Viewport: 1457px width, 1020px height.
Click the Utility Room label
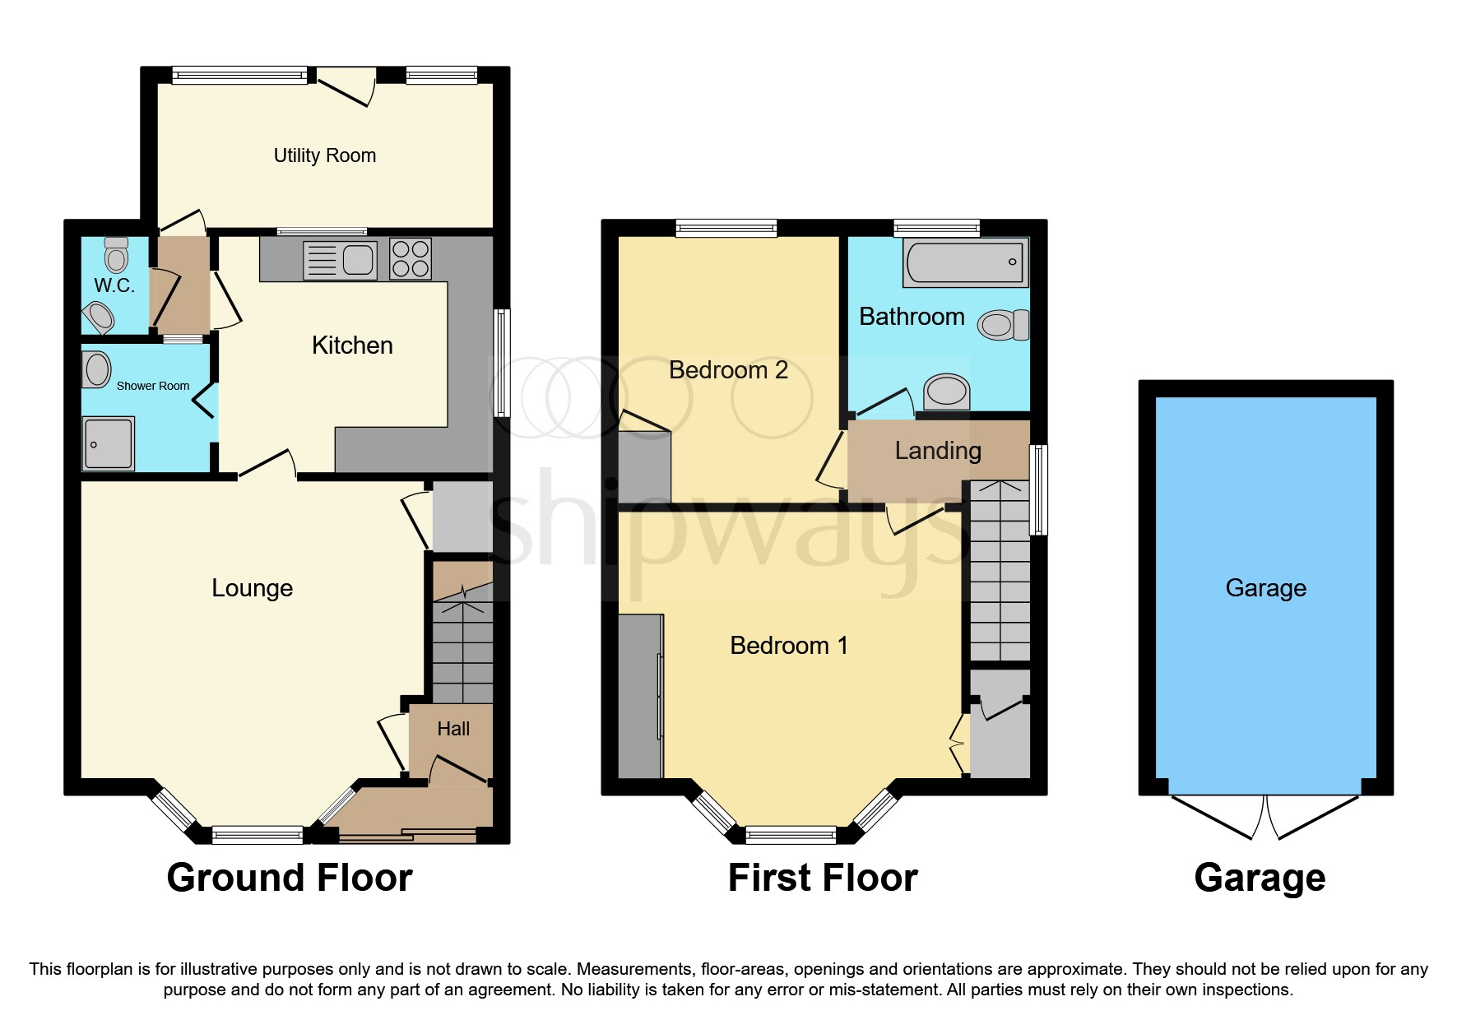coord(324,155)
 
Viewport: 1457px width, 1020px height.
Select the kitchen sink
coord(341,260)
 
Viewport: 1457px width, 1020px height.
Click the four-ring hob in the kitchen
coord(410,259)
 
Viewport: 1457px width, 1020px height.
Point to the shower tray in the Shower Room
coord(108,444)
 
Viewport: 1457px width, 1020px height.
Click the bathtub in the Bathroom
coord(965,262)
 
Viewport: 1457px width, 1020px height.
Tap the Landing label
coord(938,451)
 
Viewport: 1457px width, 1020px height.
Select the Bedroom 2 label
coord(728,370)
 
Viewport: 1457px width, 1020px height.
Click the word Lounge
coord(252,588)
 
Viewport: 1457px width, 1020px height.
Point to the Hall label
coord(453,729)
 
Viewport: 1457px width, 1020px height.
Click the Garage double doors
coord(1264,816)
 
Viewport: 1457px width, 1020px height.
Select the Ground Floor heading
coord(290,878)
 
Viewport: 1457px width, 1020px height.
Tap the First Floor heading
coord(823,878)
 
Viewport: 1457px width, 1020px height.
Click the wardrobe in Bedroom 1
coord(640,696)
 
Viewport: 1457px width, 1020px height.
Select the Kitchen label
coord(352,345)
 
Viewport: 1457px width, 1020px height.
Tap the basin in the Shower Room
coord(97,370)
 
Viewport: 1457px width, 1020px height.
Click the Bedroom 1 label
coord(788,646)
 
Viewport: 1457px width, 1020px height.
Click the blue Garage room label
coord(1265,588)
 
